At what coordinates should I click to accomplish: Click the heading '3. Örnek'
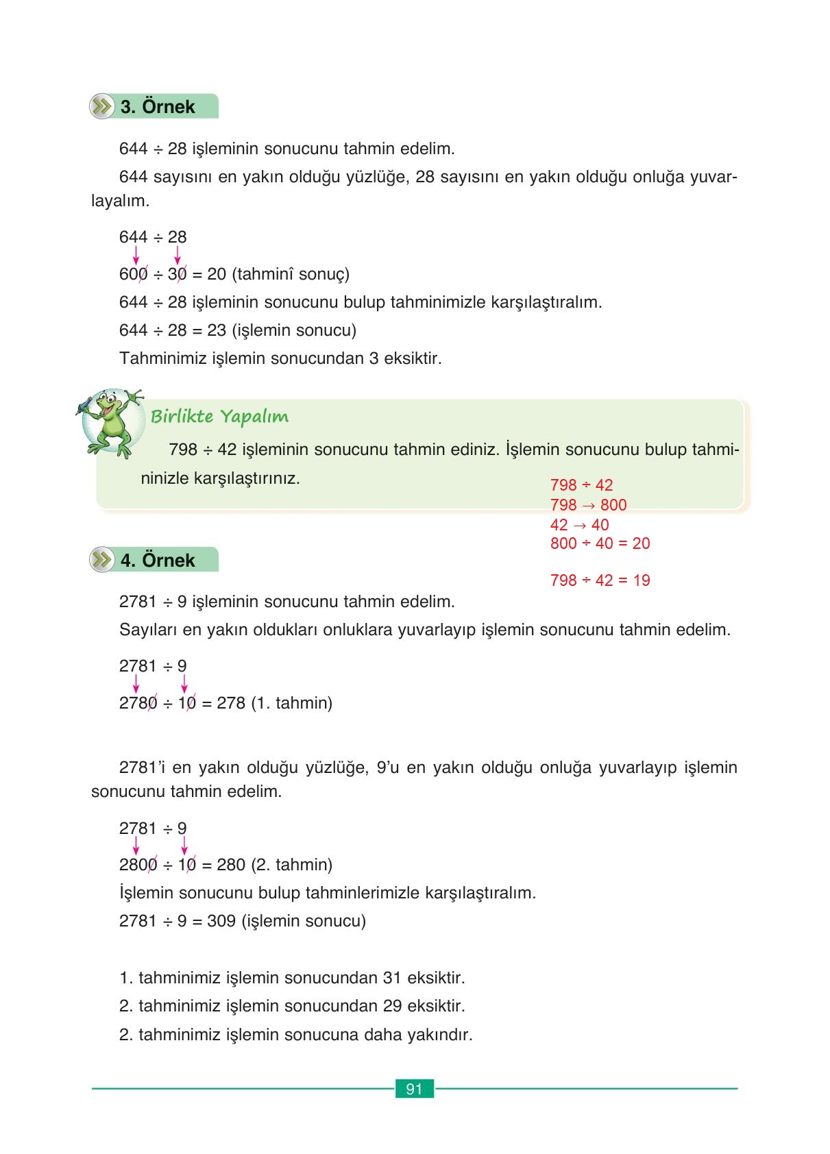pos(158,107)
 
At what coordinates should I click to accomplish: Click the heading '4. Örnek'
pos(158,561)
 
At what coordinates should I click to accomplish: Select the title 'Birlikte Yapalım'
pos(219,417)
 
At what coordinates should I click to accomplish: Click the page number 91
pos(414,1089)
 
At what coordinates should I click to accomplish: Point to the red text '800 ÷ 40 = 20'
pos(600,543)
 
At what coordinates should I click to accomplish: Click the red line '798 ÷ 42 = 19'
pos(600,580)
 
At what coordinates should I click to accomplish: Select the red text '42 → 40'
pos(579,525)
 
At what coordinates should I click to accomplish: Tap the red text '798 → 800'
pos(588,505)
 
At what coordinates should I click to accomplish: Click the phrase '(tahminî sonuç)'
pos(291,274)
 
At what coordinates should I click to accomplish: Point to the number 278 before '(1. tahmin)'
pos(230,703)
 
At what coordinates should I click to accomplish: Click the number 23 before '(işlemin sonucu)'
pos(217,330)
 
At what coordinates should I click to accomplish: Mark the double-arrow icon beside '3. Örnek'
pos(102,107)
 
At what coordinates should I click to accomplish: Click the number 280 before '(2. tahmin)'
pos(230,865)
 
